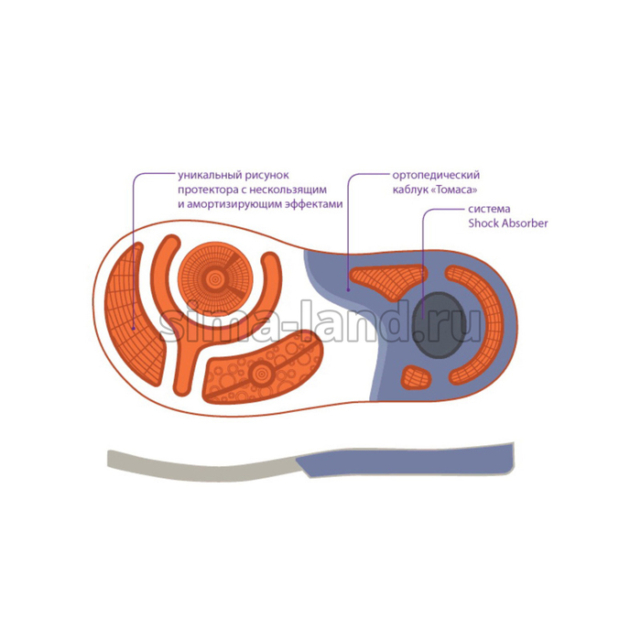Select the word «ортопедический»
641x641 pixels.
pos(435,174)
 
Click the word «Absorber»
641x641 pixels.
pos(525,223)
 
